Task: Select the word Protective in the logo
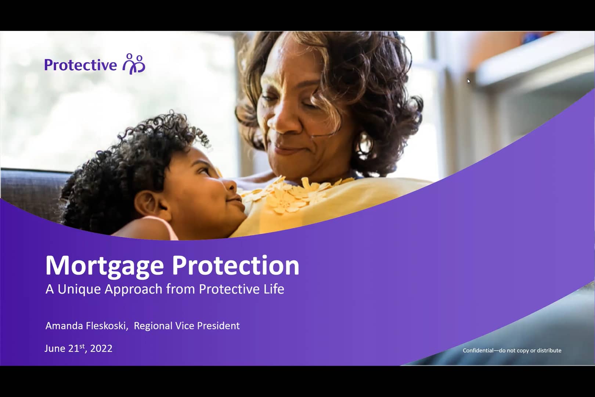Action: tap(80, 65)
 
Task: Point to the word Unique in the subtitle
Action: tap(79, 289)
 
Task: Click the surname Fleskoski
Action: tap(107, 326)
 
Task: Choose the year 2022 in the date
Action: tap(101, 348)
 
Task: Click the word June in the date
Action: tap(55, 348)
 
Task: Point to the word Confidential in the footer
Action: tap(478, 350)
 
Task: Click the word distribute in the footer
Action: tap(549, 350)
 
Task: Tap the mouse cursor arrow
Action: tap(469, 81)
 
